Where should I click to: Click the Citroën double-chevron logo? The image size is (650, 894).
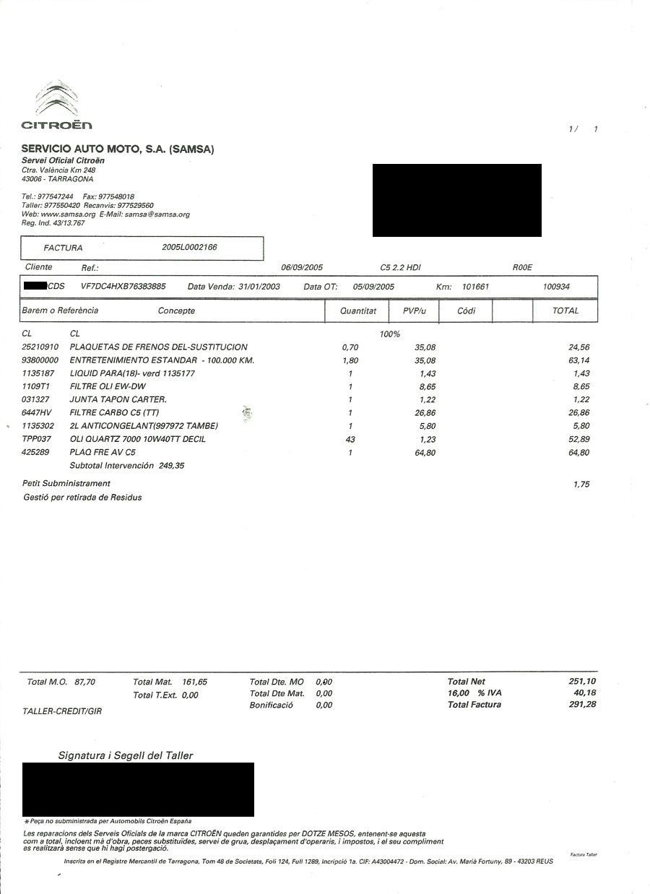(x=56, y=100)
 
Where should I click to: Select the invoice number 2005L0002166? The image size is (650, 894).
(x=190, y=247)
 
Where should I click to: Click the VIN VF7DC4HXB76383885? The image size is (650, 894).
(x=123, y=287)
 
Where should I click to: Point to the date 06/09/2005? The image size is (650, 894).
(x=302, y=268)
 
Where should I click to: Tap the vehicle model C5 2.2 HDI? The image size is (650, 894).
(x=400, y=268)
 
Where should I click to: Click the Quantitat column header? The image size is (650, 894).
(x=358, y=311)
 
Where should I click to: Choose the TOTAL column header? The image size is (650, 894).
(x=565, y=311)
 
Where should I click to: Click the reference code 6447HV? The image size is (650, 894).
(x=37, y=413)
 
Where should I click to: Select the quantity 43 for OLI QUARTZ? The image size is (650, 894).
(x=350, y=439)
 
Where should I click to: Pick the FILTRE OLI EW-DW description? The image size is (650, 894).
(x=108, y=386)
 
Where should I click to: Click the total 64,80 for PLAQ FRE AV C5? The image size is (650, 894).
(x=579, y=453)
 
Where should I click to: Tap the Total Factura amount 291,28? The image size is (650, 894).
(x=582, y=704)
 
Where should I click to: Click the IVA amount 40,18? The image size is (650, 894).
(x=585, y=693)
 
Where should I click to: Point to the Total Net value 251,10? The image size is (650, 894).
(x=582, y=682)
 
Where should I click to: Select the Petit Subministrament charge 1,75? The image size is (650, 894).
(x=581, y=485)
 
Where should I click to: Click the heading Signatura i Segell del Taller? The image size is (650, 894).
(x=126, y=755)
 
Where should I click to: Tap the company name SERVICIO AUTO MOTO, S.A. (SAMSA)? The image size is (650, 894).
(x=118, y=149)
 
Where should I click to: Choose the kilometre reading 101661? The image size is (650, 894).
(x=475, y=287)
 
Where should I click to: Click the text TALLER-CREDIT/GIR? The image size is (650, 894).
(x=62, y=711)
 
